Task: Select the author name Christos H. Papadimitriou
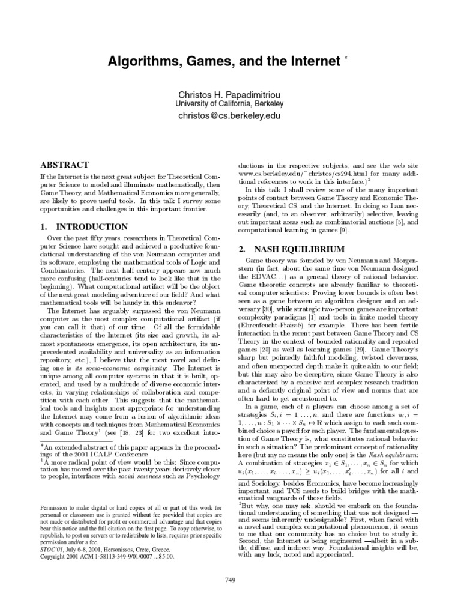click(230, 95)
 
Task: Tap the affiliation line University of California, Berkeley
click(230, 104)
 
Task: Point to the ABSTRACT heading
click(64, 165)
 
